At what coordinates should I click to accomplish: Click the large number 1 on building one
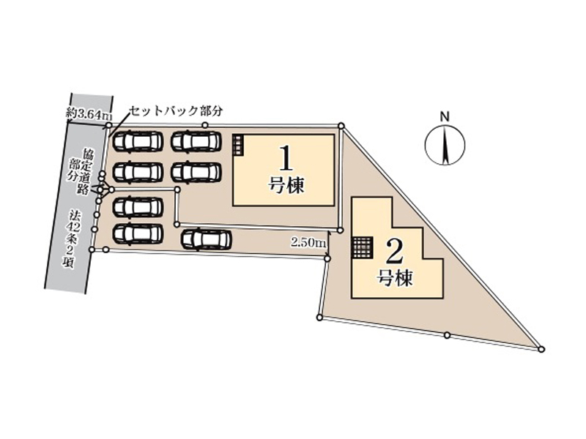coord(286,159)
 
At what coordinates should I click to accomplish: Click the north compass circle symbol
coord(444,145)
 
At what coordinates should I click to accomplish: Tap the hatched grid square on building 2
coord(362,247)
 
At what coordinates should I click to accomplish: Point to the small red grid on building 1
coord(237,144)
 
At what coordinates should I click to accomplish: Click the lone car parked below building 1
coord(207,239)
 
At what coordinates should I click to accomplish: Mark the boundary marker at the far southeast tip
coord(541,349)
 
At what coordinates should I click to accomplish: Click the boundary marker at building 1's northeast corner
coord(341,127)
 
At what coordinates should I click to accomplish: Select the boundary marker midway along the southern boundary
coord(447,335)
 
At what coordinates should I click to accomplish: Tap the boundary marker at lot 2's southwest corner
coord(319,317)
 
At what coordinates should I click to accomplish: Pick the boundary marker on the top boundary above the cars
coord(205,126)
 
